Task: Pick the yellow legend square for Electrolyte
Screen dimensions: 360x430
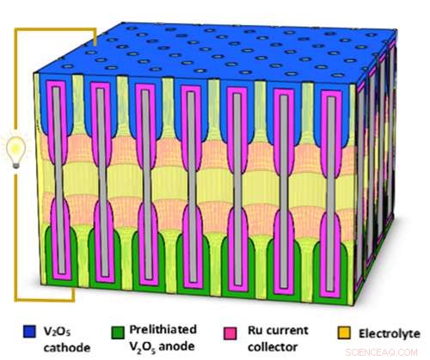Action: (331, 329)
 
